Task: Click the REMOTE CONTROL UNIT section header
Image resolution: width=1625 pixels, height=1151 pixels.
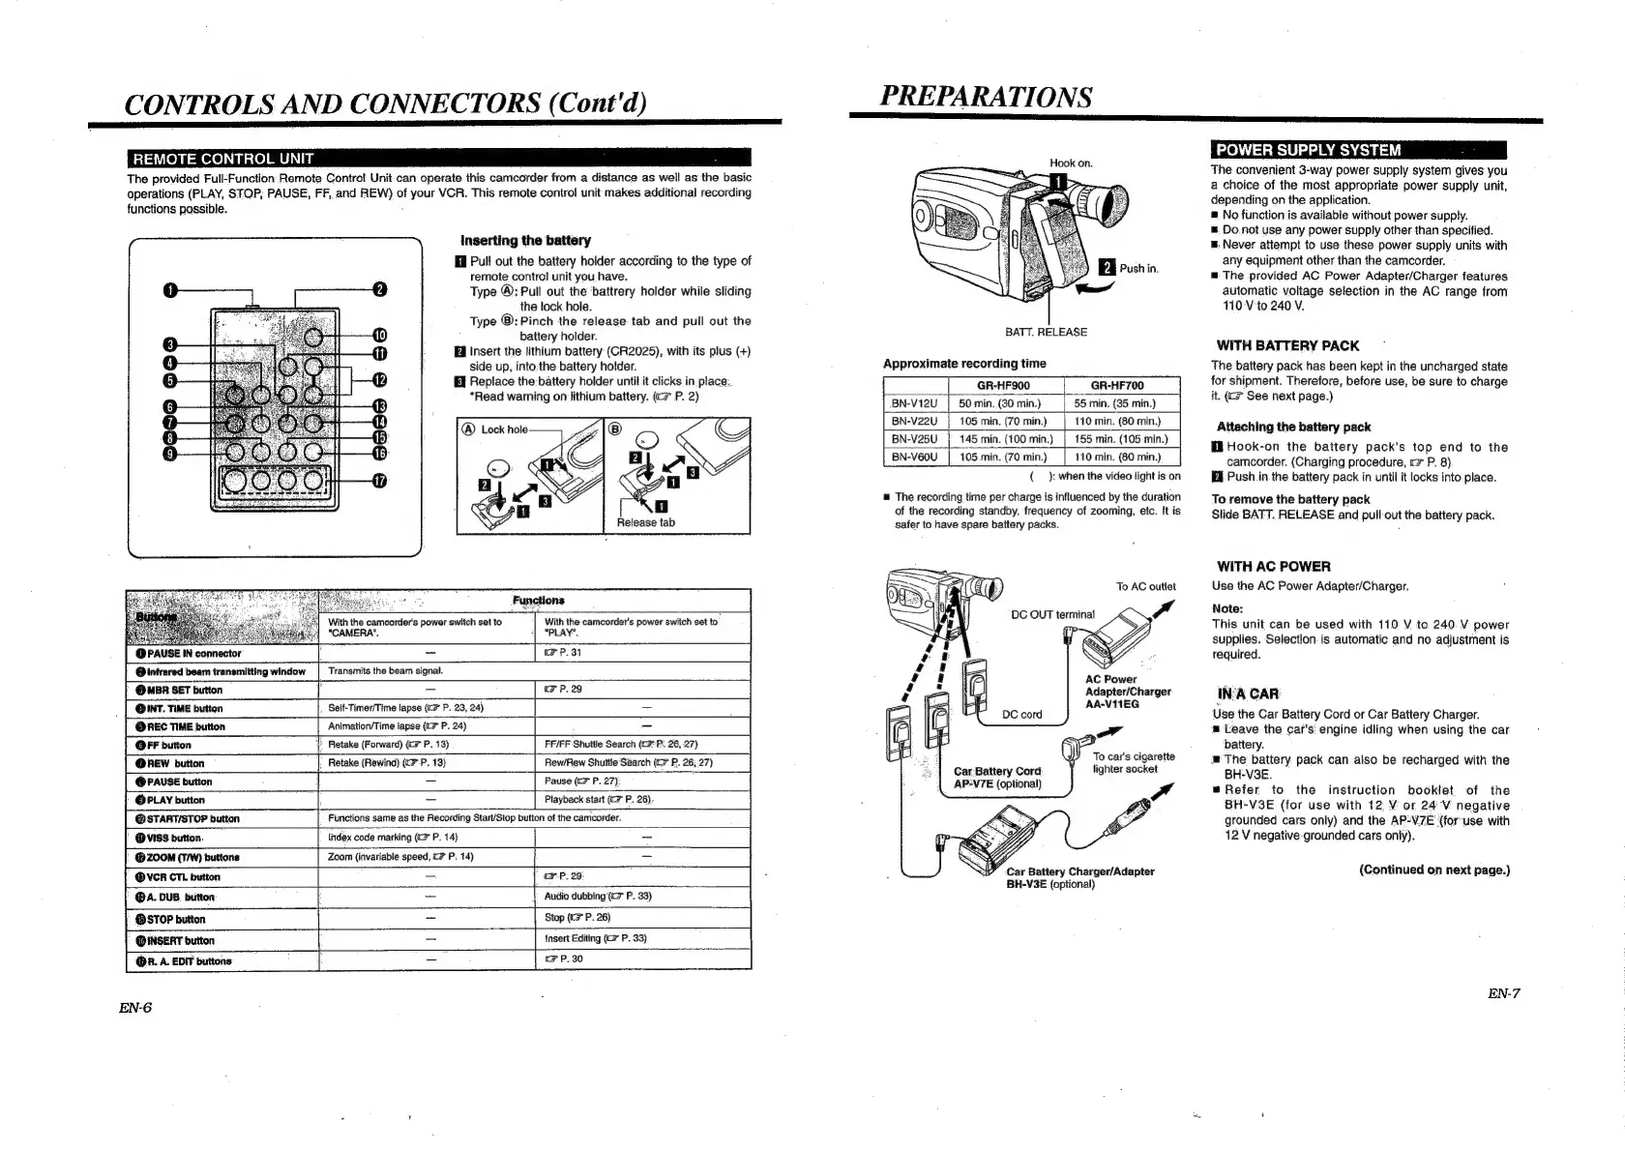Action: [223, 159]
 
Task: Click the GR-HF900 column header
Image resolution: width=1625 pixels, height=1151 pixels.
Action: [1003, 385]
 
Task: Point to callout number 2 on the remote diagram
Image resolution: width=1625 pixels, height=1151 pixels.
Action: [379, 289]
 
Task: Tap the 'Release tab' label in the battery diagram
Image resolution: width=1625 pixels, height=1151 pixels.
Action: [646, 522]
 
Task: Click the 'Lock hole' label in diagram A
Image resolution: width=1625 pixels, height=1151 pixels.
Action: [504, 429]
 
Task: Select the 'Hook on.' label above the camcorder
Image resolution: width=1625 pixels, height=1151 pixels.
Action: [1071, 163]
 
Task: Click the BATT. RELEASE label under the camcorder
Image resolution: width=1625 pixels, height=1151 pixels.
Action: [1046, 332]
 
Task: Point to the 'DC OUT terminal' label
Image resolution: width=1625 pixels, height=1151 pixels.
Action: [1052, 614]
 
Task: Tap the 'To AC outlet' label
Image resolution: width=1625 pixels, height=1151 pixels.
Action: [1145, 586]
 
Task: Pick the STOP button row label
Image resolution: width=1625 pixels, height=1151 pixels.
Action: [171, 919]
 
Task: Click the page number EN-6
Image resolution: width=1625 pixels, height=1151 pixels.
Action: [135, 1007]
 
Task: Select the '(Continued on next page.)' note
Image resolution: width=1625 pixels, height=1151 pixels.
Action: [1433, 870]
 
